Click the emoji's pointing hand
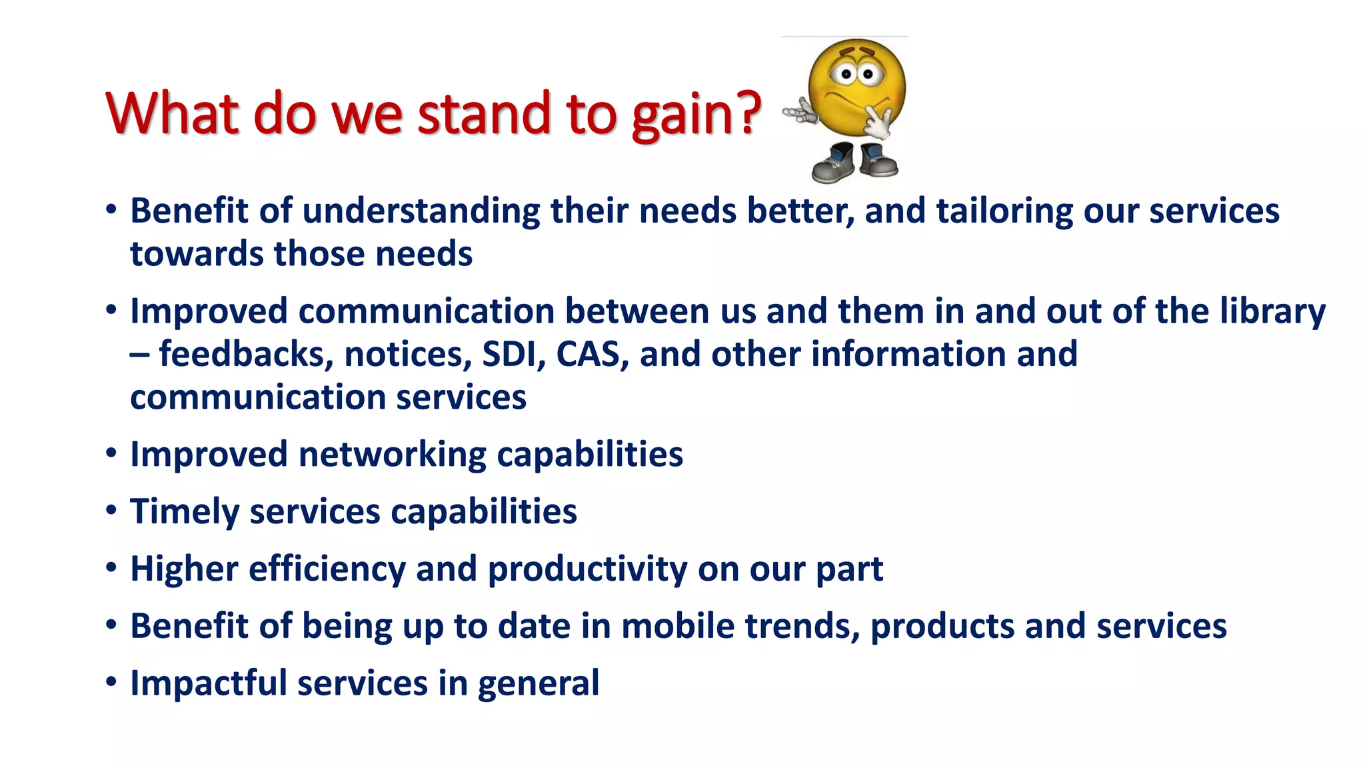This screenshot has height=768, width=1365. (x=800, y=115)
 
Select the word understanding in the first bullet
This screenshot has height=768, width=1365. (x=421, y=212)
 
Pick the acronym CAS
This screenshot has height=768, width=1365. (x=591, y=354)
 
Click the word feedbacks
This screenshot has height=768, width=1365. (x=246, y=354)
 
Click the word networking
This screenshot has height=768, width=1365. (x=392, y=455)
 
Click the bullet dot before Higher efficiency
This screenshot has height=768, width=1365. (x=111, y=569)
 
